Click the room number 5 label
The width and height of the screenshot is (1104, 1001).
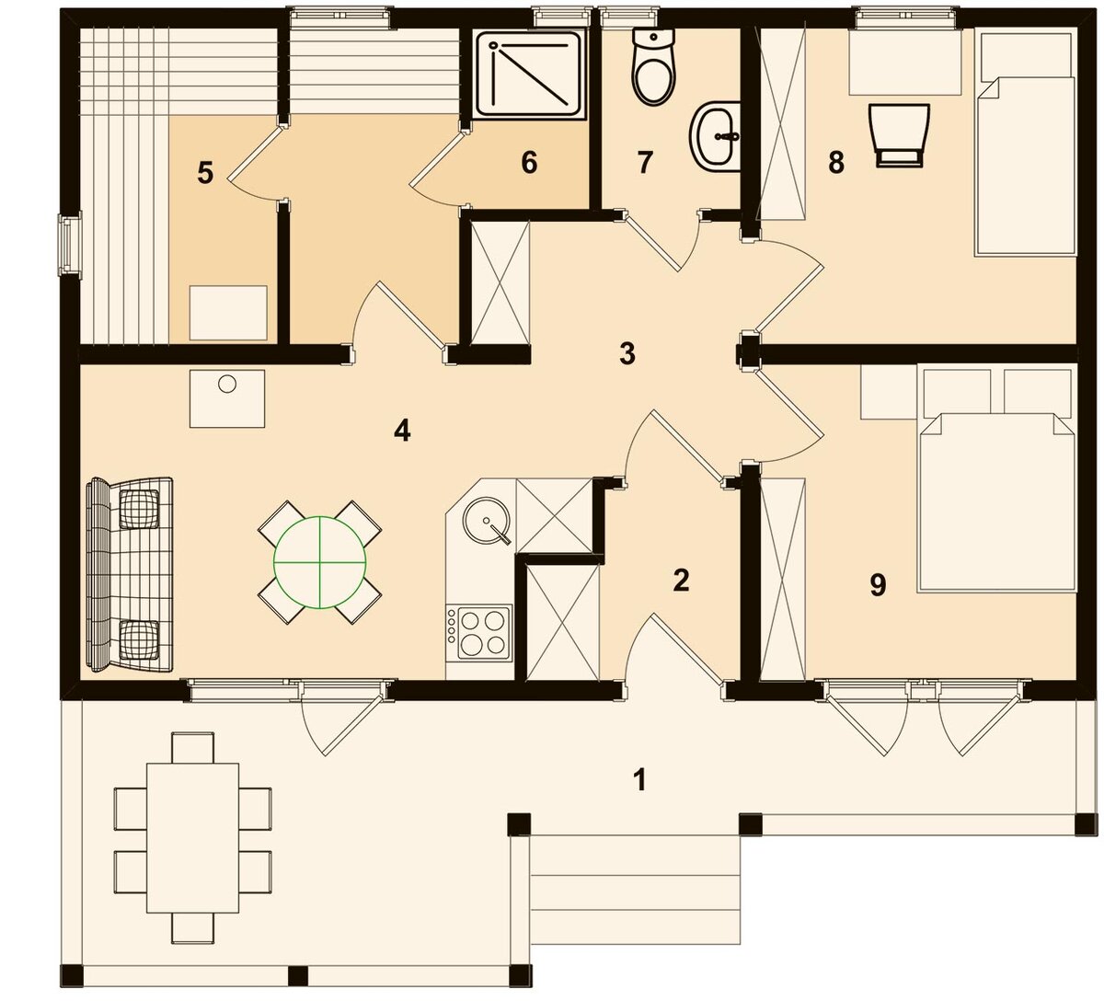click(205, 174)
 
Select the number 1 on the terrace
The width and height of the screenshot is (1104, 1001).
click(639, 780)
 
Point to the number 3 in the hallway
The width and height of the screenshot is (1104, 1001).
click(627, 353)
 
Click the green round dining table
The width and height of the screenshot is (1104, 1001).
click(320, 562)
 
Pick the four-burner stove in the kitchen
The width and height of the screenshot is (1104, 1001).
click(478, 633)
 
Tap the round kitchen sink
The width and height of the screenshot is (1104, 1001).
click(487, 521)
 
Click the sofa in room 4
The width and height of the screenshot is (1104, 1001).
click(130, 575)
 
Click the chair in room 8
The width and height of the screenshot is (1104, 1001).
click(899, 134)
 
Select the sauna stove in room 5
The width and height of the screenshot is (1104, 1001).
click(228, 313)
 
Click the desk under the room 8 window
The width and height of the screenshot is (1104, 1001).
click(905, 63)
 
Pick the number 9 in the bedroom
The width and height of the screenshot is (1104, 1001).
click(878, 585)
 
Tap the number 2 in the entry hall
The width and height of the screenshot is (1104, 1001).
click(681, 580)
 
